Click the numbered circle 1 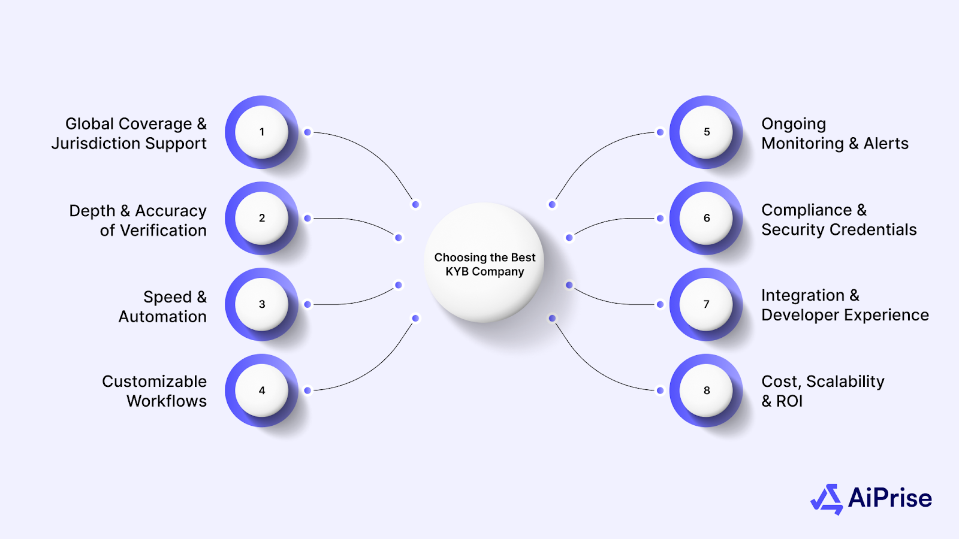261,132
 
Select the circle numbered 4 261,390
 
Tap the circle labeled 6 706,218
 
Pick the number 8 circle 706,390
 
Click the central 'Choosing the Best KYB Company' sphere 484,264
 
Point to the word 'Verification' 163,231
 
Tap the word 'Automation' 162,317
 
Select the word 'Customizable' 154,381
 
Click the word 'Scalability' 845,381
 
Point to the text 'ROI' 789,401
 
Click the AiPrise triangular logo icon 828,499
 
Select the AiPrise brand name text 890,498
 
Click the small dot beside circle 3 307,304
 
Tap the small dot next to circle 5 660,132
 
